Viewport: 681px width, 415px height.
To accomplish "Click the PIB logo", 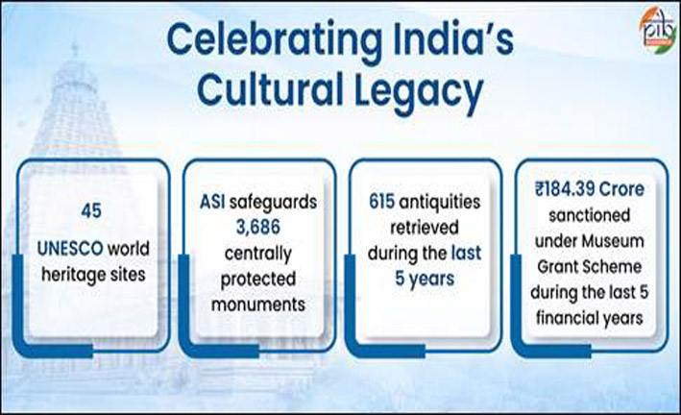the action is (658, 31).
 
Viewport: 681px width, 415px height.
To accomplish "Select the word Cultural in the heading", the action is (270, 89).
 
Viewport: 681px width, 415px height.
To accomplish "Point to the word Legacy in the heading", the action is (419, 92).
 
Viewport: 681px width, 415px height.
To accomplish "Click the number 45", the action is (91, 211).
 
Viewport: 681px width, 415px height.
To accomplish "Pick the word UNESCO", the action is (70, 249).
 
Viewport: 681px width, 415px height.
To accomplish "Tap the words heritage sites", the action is (93, 275).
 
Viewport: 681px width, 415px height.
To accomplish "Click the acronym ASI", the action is (212, 202).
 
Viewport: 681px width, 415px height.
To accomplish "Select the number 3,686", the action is (258, 228).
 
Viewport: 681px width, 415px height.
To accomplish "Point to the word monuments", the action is (258, 305).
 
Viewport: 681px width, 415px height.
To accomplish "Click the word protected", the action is (258, 280).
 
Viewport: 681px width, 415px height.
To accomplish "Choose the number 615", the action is (381, 201).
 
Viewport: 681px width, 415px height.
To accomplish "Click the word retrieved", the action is (425, 227).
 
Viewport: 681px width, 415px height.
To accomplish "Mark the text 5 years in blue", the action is (425, 279).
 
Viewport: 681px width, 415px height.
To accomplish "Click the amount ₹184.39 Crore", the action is (590, 189).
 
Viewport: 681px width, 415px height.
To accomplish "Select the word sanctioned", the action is (590, 215).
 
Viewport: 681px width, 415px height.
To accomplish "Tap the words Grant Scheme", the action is (590, 266).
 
